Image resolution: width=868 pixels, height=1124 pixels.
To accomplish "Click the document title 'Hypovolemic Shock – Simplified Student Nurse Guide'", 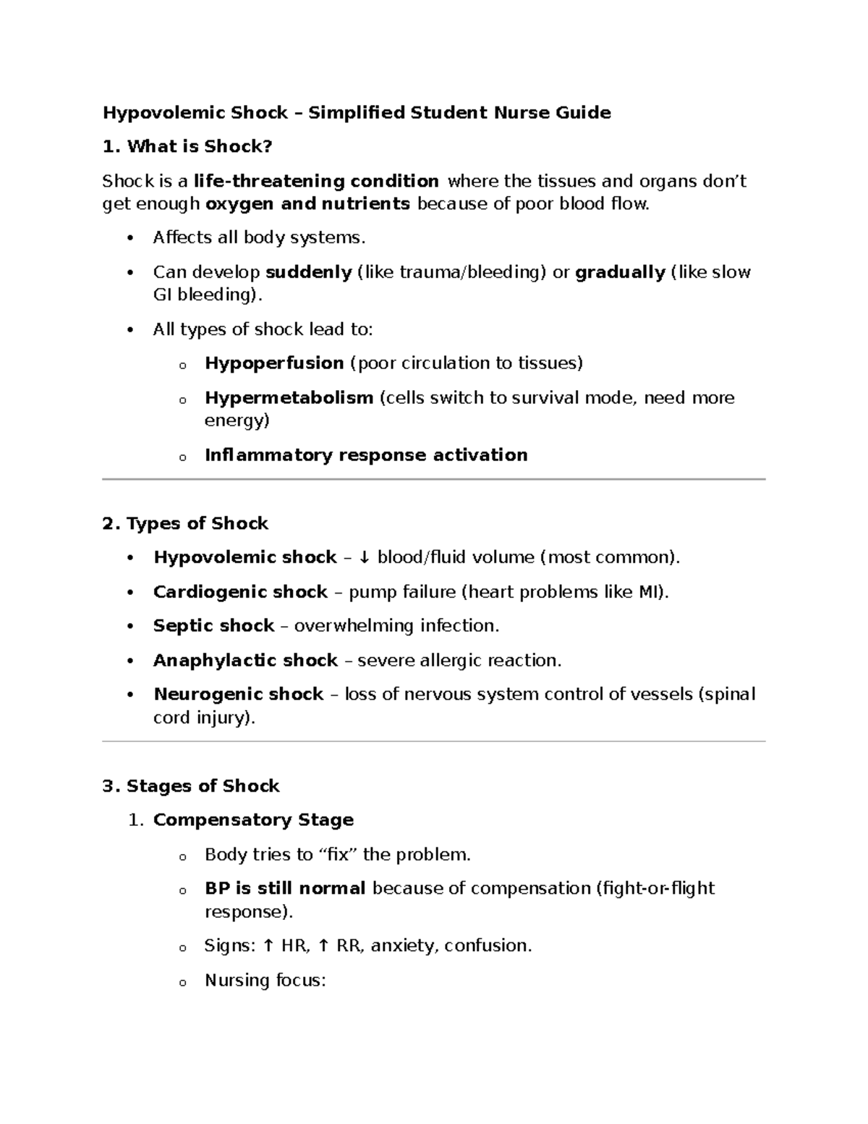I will (357, 113).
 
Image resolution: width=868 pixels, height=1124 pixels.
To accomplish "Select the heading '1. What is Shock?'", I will (187, 147).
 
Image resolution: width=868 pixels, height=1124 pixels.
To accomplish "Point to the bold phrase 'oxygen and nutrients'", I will (307, 204).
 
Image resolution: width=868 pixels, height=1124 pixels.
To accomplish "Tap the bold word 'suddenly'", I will (309, 273).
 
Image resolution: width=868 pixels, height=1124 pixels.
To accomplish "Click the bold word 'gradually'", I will (620, 273).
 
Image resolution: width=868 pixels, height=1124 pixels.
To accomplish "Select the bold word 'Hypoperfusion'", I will (274, 363).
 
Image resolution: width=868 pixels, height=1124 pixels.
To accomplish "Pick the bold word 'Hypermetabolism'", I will (289, 398).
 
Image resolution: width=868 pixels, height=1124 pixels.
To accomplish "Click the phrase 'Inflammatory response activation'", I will (366, 455).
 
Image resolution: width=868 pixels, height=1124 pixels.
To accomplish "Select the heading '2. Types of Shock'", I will (185, 524).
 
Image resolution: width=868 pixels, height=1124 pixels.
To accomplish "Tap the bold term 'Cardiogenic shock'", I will (240, 592).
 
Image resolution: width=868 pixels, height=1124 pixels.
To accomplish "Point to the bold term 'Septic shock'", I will (213, 626).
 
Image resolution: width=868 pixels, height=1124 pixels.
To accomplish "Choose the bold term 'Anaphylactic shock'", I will (245, 661).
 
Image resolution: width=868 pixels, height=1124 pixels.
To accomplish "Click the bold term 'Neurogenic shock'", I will (238, 695).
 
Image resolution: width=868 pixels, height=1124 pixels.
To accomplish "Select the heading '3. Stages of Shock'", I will (191, 787).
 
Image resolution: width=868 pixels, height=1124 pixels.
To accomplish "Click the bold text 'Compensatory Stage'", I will (253, 820).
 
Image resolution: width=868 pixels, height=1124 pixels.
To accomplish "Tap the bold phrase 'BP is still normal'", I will (285, 889).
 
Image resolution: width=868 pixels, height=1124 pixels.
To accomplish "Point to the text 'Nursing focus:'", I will (265, 981).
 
